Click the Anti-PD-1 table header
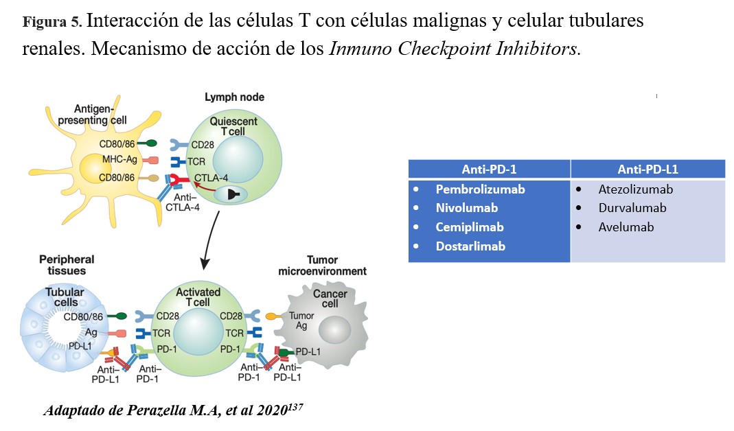[x=489, y=169]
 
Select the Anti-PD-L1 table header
[x=647, y=169]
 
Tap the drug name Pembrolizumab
[x=480, y=189]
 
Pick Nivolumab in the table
[x=466, y=207]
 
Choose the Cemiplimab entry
[x=470, y=226]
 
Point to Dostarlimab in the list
[x=470, y=246]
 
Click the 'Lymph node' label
[x=234, y=97]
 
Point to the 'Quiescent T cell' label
[x=233, y=127]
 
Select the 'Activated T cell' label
[x=198, y=297]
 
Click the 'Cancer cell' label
[x=330, y=299]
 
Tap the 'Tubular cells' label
[x=65, y=297]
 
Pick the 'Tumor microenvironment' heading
[x=322, y=266]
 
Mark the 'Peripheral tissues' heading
[x=67, y=265]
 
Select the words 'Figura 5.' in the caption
[x=52, y=21]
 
